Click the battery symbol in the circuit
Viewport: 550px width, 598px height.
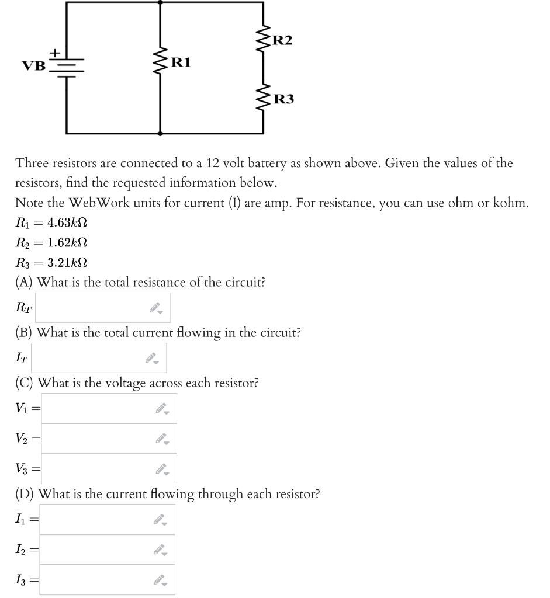(67, 65)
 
